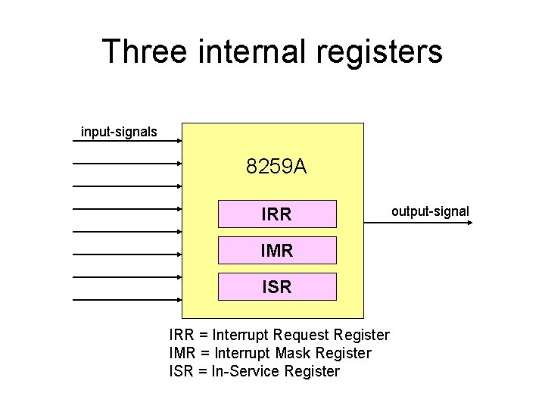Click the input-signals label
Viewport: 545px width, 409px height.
click(x=119, y=132)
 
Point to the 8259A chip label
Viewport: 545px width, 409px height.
click(x=276, y=166)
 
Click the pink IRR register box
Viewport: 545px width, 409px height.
click(x=277, y=214)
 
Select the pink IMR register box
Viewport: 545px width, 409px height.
click(x=277, y=250)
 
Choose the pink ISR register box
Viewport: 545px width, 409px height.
click(x=277, y=287)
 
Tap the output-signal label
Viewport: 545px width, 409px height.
click(x=430, y=211)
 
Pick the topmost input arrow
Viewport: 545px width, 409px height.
click(x=127, y=140)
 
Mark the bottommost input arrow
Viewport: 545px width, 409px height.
click(x=127, y=300)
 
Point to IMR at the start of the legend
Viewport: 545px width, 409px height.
click(x=184, y=353)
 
